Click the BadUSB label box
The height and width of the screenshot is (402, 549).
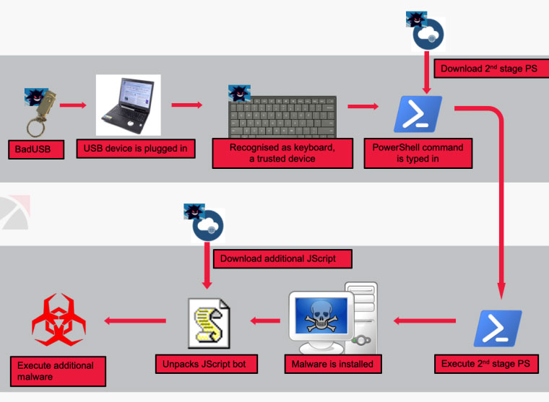(36, 149)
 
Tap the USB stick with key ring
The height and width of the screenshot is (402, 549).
(41, 113)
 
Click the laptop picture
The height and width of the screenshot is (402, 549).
(128, 105)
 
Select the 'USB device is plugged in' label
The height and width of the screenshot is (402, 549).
(136, 149)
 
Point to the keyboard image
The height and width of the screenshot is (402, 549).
(282, 116)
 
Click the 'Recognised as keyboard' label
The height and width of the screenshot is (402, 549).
(282, 153)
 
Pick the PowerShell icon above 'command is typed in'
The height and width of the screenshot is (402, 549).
(418, 114)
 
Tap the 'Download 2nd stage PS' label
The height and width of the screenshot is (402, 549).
(491, 69)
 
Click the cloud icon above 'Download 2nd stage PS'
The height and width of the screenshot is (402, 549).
(428, 35)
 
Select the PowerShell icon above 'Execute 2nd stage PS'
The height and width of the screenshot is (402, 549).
(498, 328)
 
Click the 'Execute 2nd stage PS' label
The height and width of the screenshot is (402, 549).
(486, 364)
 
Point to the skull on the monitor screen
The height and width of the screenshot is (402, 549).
(321, 316)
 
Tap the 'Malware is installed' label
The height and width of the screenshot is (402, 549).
(333, 364)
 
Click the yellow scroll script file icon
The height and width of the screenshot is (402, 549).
(209, 323)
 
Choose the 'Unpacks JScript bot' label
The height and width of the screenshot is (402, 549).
(206, 364)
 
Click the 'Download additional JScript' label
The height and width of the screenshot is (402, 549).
(282, 259)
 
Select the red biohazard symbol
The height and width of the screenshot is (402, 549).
(59, 320)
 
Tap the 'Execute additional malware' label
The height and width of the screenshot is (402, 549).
(58, 371)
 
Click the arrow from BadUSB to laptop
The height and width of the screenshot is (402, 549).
(73, 105)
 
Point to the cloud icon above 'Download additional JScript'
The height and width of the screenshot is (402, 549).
(207, 226)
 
